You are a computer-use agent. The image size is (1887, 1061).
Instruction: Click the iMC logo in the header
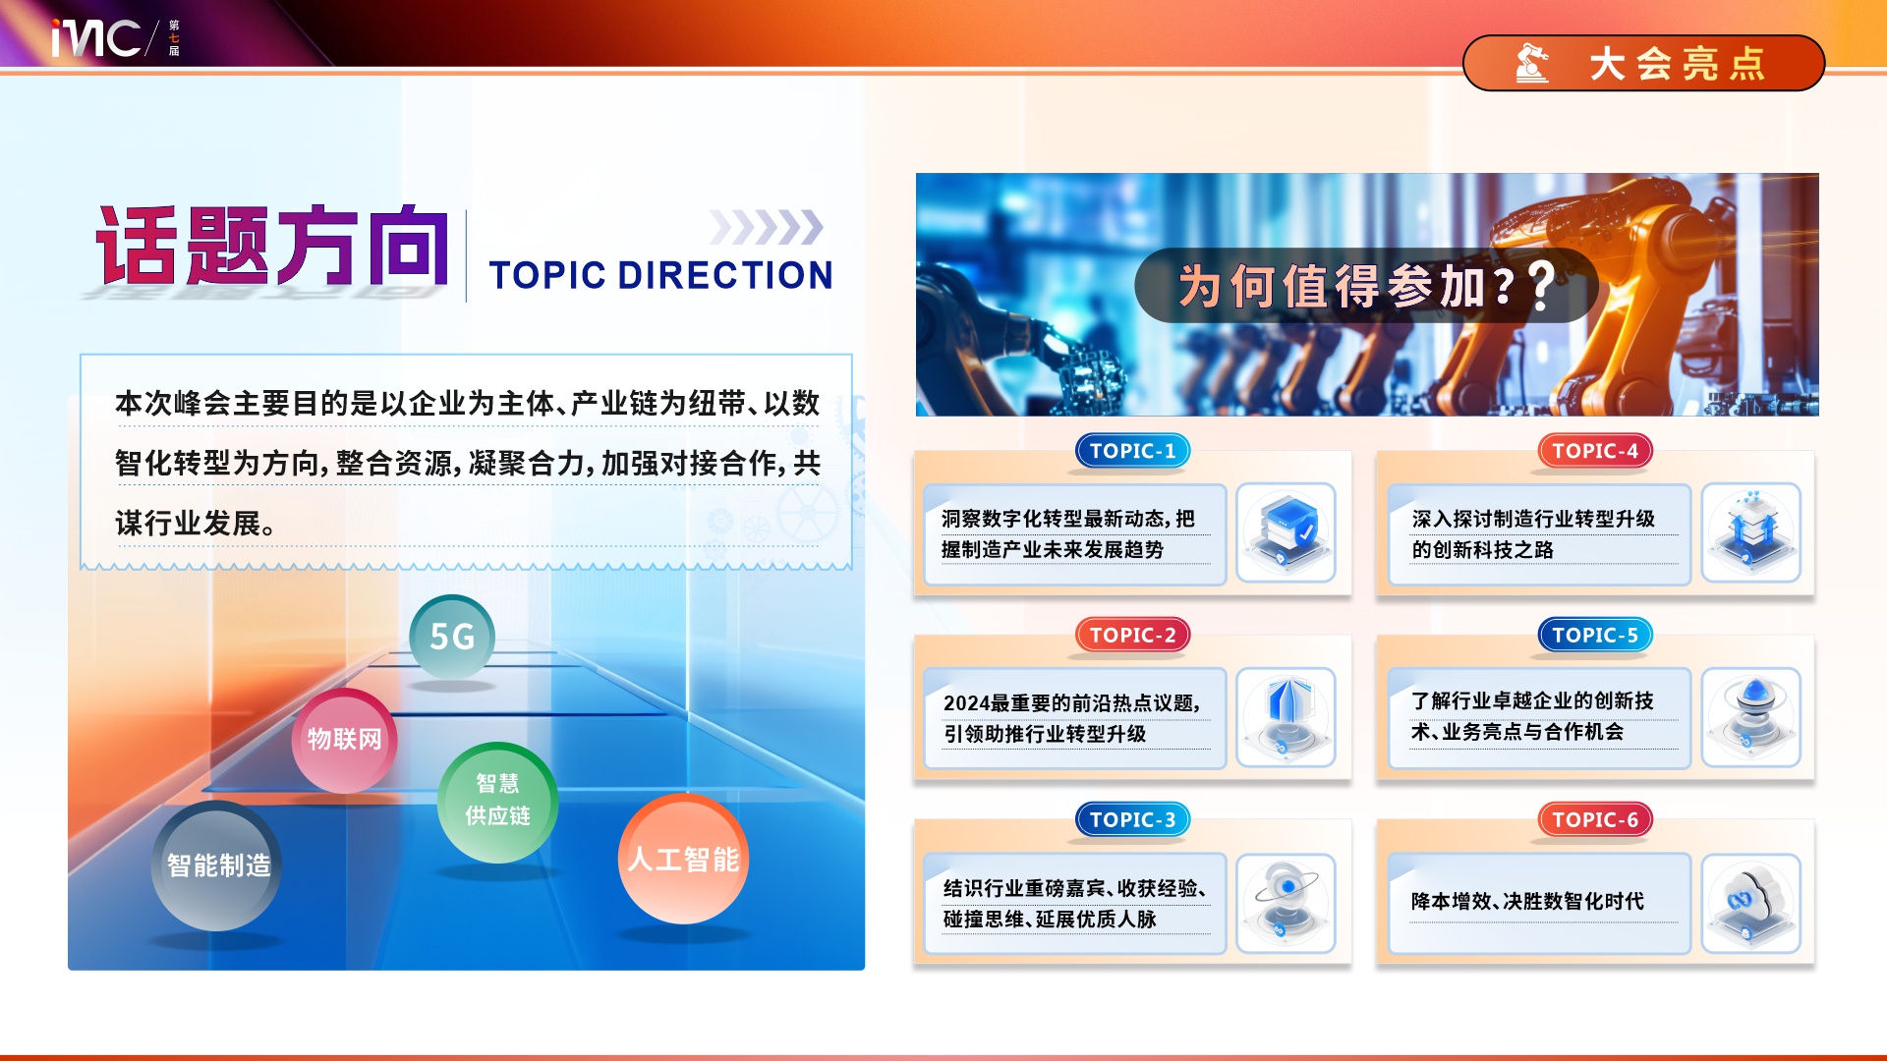[96, 37]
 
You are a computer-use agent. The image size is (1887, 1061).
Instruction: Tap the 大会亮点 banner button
[1643, 64]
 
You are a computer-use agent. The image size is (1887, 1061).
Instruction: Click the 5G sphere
[452, 637]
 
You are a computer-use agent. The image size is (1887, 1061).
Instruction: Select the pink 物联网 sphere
[345, 740]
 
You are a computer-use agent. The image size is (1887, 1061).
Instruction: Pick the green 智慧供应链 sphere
[497, 802]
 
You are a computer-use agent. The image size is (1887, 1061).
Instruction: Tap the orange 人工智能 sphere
[684, 859]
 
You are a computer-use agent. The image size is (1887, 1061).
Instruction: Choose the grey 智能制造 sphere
[217, 866]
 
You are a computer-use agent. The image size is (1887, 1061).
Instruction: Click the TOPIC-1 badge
[1132, 451]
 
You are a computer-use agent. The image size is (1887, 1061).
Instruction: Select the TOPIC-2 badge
[1132, 635]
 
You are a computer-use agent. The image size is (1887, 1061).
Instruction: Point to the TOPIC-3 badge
[1132, 819]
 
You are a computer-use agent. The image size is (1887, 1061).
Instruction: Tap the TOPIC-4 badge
[1595, 451]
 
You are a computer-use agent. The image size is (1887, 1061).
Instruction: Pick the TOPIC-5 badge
[1595, 635]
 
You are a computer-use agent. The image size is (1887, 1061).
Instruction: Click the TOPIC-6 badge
[1595, 819]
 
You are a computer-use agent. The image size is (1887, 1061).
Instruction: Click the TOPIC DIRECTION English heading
[660, 276]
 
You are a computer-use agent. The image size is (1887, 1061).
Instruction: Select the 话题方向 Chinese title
[272, 246]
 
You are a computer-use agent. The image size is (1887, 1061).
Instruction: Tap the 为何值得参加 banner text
[1346, 286]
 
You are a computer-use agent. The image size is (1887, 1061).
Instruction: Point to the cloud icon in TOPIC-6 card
[1750, 902]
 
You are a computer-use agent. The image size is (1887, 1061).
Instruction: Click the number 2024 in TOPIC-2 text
[966, 703]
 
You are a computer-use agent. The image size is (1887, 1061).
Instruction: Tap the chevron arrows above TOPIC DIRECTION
[767, 227]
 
